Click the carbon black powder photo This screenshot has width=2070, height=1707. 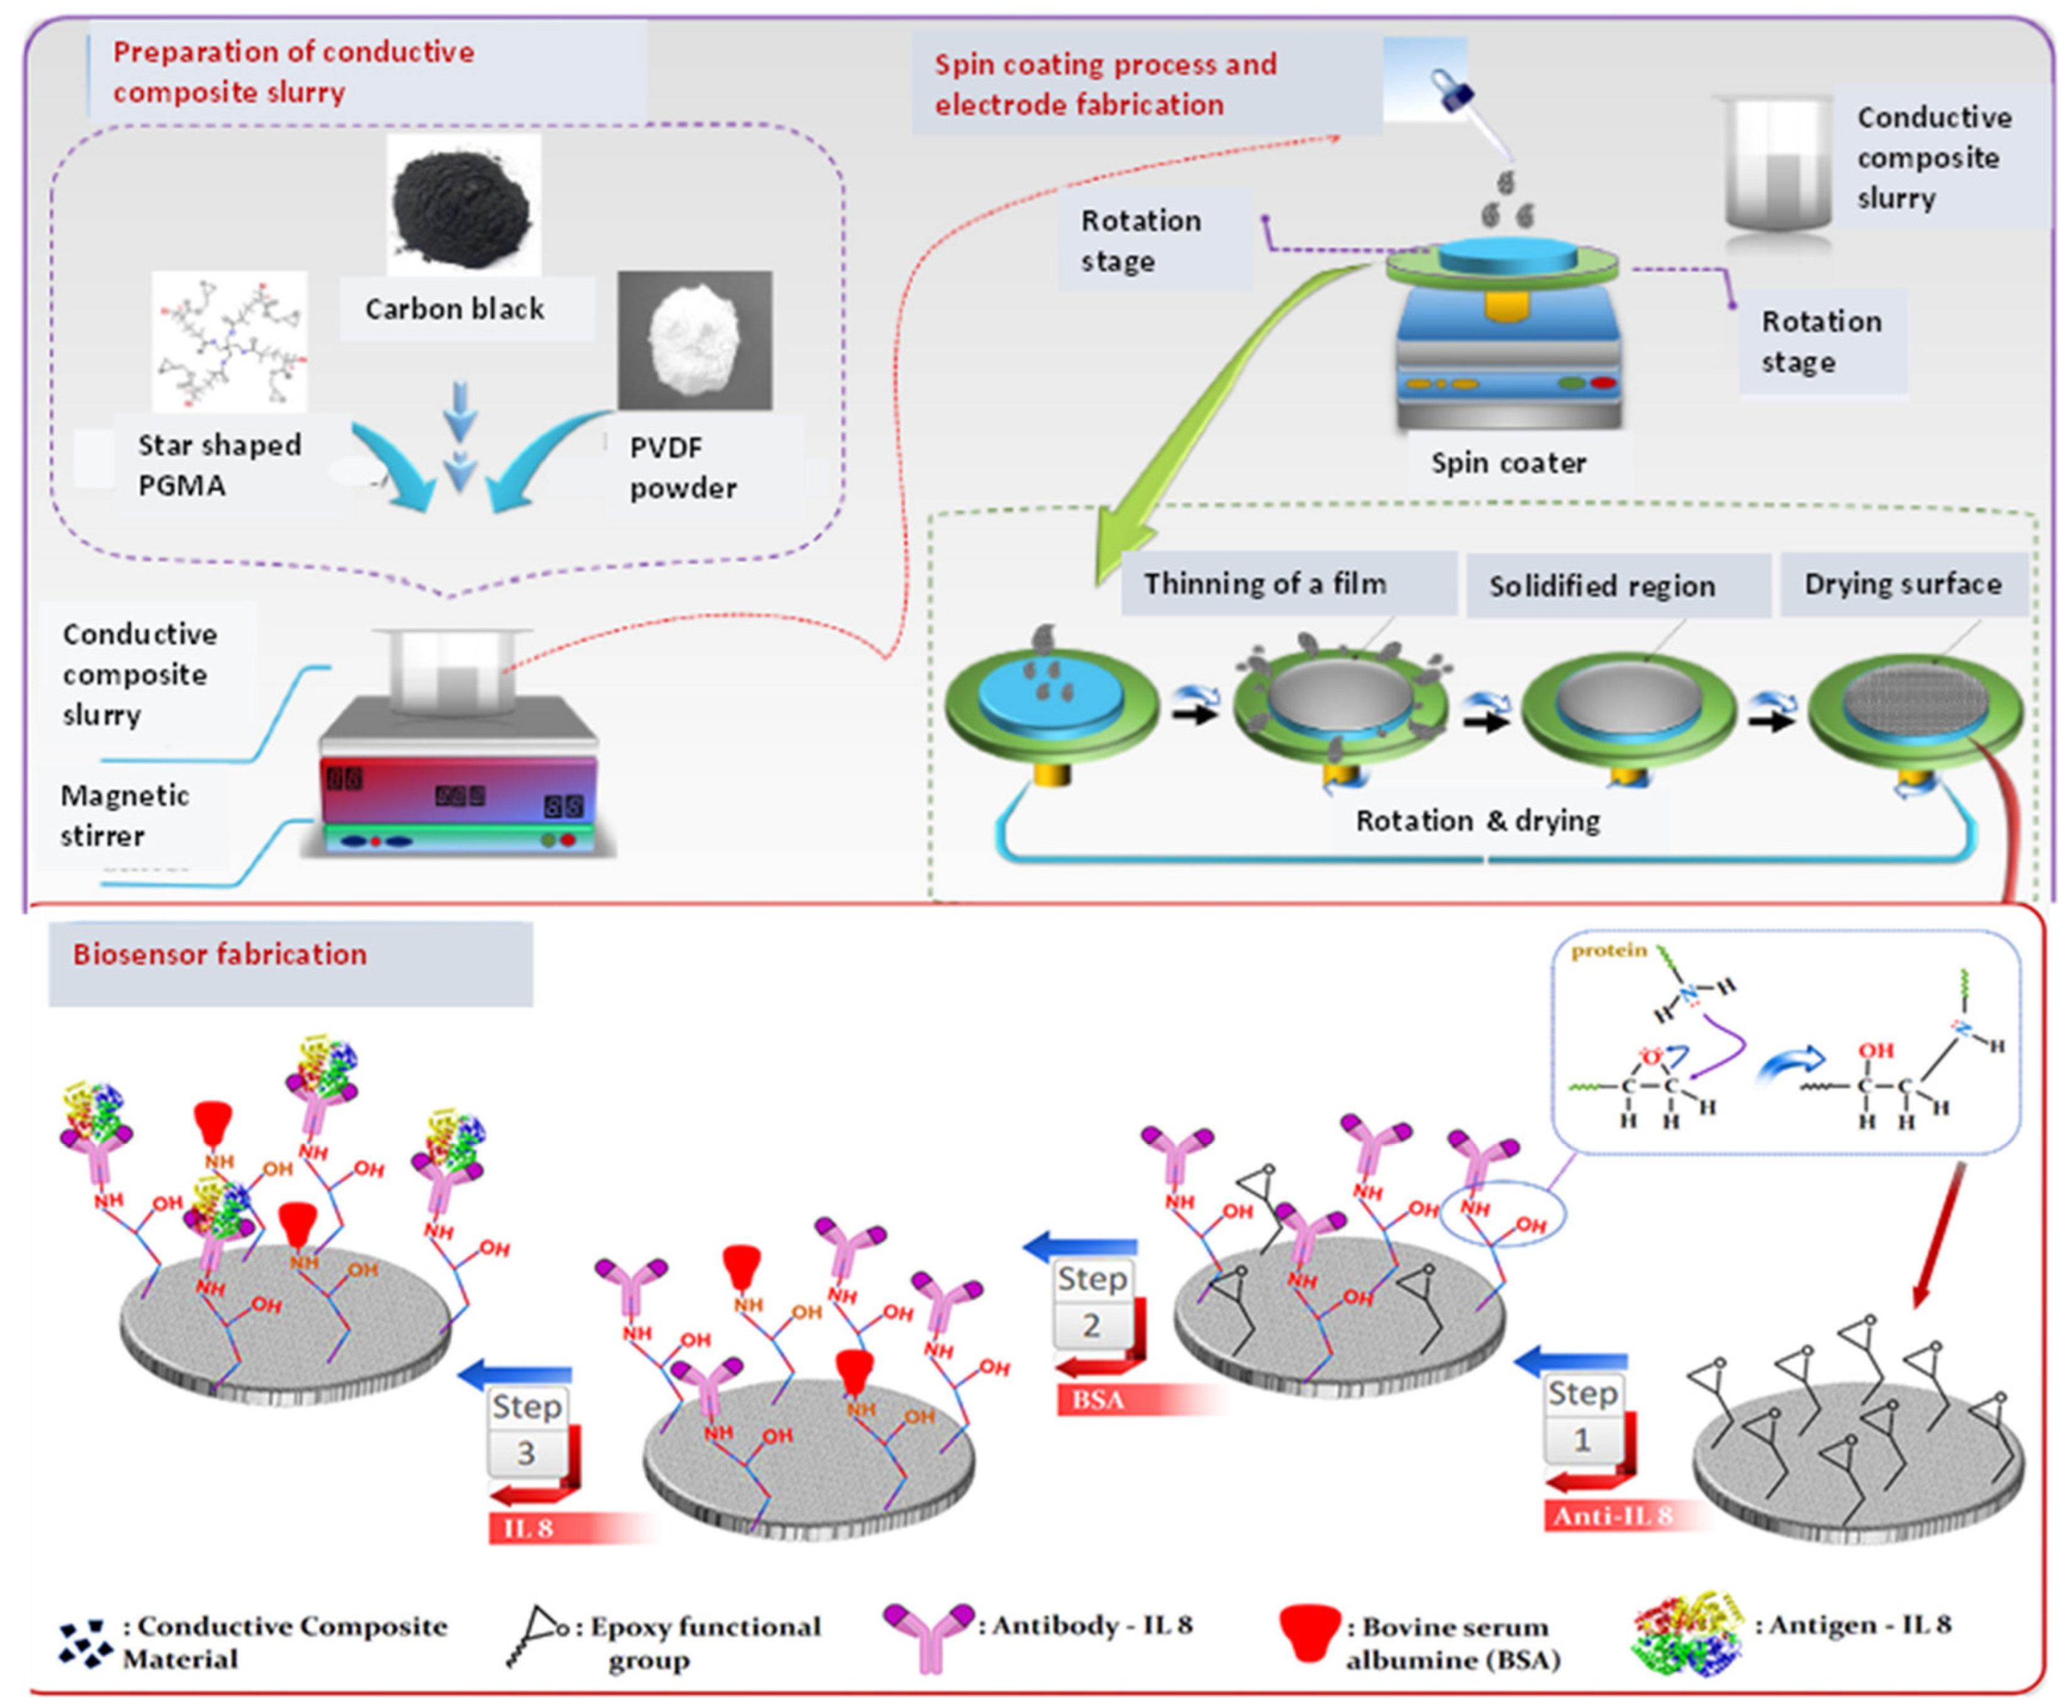[x=462, y=205]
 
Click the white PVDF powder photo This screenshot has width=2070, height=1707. [x=695, y=339]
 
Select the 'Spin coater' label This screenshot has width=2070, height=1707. [x=1508, y=463]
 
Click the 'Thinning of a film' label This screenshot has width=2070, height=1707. [x=1265, y=584]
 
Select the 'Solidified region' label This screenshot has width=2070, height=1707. [x=1601, y=586]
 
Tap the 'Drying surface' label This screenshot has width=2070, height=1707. [x=1903, y=584]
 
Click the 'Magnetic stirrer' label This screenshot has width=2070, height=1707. [x=125, y=815]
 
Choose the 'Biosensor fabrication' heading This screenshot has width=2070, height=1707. [x=220, y=954]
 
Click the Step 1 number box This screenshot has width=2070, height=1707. [x=1581, y=1440]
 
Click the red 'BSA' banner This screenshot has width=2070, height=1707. [x=1098, y=1399]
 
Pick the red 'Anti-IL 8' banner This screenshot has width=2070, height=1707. [x=1612, y=1516]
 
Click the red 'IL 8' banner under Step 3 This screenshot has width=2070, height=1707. [x=531, y=1528]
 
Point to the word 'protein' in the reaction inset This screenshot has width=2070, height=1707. [x=1609, y=950]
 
